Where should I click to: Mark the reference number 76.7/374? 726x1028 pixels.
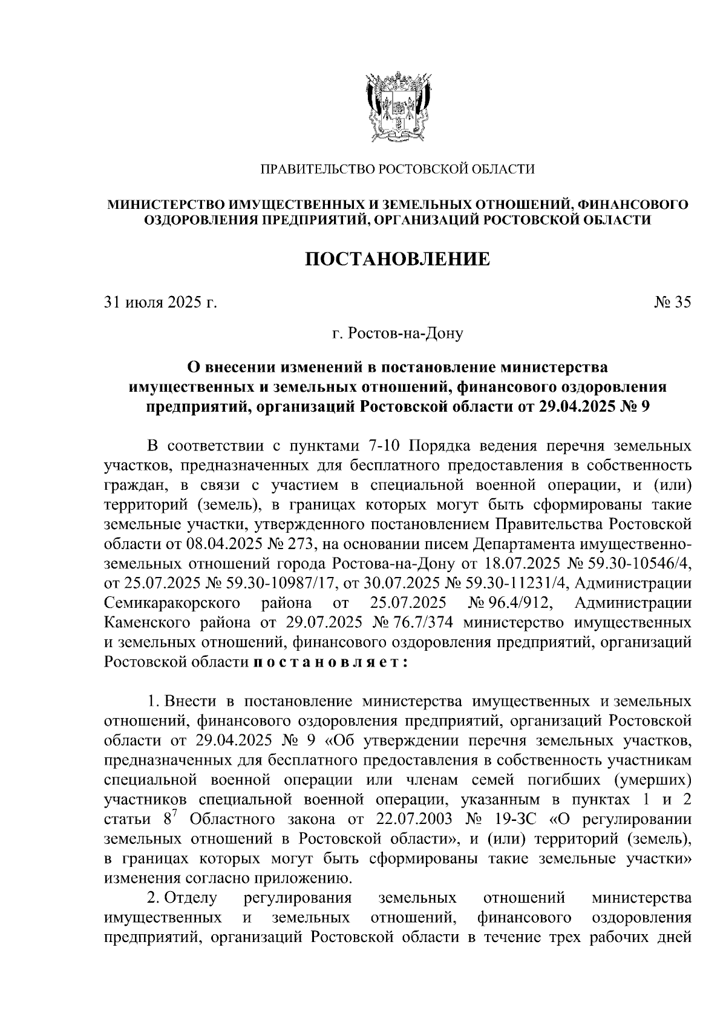tap(426, 622)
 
